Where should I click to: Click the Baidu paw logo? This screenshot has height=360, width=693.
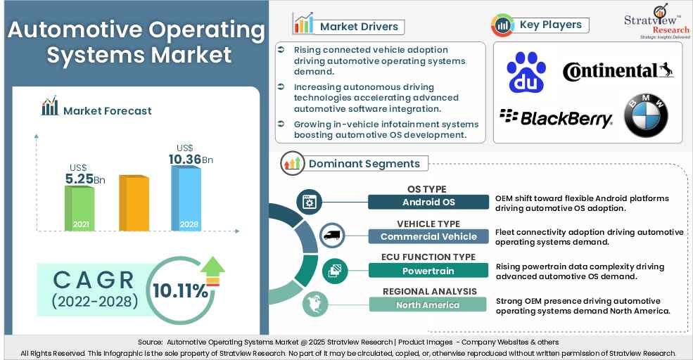[527, 74]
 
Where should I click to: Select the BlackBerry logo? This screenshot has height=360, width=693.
[556, 118]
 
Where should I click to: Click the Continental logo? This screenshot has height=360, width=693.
[618, 72]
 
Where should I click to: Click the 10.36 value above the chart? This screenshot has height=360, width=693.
[184, 160]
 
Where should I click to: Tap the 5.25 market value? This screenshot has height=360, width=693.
[79, 179]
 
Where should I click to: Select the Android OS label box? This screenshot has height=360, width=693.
[428, 202]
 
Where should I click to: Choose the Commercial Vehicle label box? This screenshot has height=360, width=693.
[428, 237]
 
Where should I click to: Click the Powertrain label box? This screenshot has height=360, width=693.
[428, 271]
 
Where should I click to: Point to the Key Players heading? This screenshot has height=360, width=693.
[550, 25]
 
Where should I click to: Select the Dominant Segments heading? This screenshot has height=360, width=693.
[364, 164]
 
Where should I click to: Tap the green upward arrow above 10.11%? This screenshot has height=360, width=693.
[212, 266]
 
